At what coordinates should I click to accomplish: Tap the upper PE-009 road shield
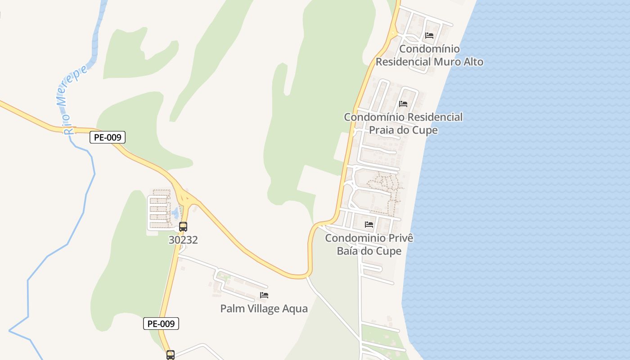click(107, 137)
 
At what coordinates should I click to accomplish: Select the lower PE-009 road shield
click(161, 323)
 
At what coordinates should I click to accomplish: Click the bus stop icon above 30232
click(183, 226)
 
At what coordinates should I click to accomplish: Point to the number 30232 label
click(183, 240)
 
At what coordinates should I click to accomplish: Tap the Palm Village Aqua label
click(264, 309)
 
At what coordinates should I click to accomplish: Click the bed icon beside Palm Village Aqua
click(264, 295)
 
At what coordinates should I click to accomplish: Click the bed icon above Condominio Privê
click(369, 224)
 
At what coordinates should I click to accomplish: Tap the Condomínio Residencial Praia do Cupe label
click(403, 123)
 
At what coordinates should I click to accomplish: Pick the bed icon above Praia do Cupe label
click(403, 103)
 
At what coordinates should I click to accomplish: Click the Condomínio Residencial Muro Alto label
click(429, 55)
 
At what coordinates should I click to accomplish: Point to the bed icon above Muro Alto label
click(429, 35)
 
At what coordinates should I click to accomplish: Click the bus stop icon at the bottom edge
click(171, 355)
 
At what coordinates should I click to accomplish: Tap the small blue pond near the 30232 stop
click(175, 212)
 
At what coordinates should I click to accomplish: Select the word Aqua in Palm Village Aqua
click(294, 309)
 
